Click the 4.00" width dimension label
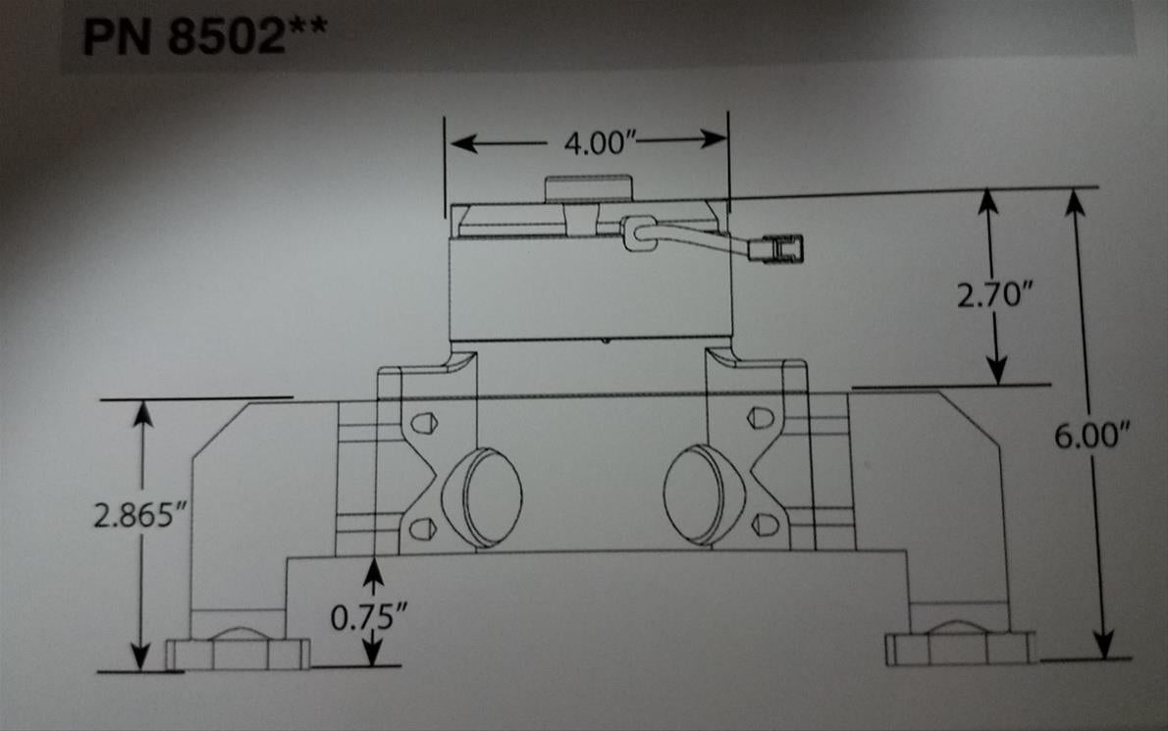601,143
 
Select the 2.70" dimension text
993,294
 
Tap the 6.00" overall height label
1087,436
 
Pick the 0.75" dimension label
369,617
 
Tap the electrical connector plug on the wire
774,250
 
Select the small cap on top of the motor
587,187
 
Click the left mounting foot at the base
237,651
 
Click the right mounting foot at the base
959,647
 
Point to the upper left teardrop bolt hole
423,423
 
